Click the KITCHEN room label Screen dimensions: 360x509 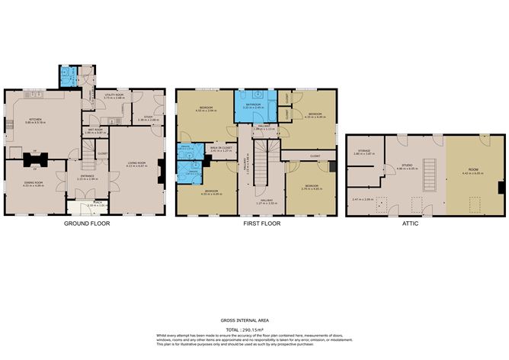point(34,120)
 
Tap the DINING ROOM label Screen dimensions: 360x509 point(34,183)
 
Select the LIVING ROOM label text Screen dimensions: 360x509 point(137,164)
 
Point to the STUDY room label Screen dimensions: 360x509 point(147,117)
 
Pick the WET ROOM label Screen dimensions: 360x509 point(94,130)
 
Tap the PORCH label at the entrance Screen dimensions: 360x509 point(89,204)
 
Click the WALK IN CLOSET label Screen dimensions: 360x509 point(220,149)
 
